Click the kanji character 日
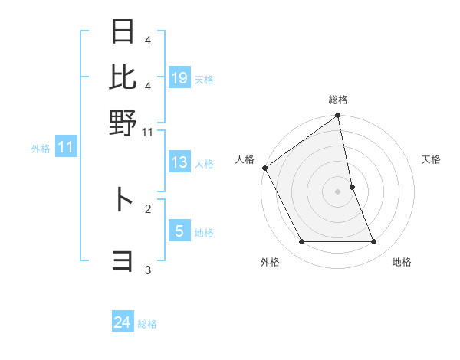(x=123, y=33)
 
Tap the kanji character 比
(x=123, y=77)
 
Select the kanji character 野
(x=123, y=122)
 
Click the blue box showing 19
(x=179, y=78)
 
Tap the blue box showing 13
(x=179, y=162)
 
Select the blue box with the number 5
(x=179, y=231)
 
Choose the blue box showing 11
(x=65, y=148)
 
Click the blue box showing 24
(x=123, y=323)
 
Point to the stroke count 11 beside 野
(x=149, y=133)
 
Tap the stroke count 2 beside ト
(x=148, y=208)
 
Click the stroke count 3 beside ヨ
(x=148, y=270)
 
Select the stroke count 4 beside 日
(x=148, y=40)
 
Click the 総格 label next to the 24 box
(x=148, y=324)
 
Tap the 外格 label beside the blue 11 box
(x=41, y=149)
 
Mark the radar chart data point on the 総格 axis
(x=338, y=116)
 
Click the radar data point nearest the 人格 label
(x=264, y=168)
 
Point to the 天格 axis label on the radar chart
(x=431, y=159)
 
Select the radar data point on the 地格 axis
(x=374, y=242)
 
